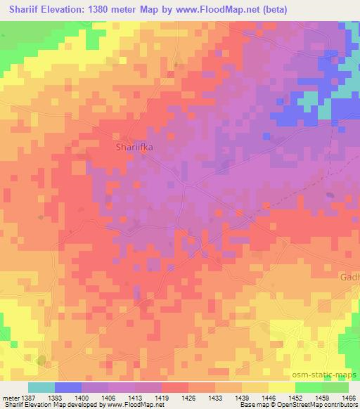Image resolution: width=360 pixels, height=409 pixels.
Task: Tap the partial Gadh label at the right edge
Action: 349,277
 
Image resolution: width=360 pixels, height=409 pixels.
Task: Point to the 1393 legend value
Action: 68,397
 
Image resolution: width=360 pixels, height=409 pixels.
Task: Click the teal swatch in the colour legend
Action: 41,387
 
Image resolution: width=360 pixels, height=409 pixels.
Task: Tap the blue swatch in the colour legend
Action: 68,387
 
